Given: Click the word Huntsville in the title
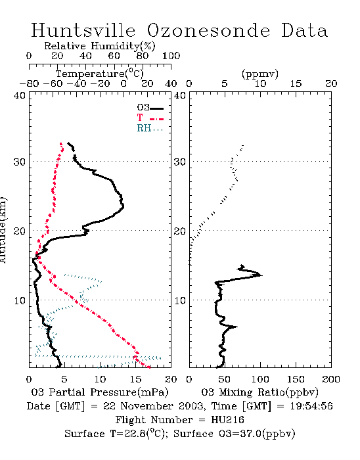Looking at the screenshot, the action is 83,30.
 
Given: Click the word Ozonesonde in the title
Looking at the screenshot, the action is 208,30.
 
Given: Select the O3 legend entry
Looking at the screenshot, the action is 150,108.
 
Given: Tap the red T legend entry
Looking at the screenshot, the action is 150,118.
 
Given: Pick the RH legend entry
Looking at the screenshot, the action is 150,128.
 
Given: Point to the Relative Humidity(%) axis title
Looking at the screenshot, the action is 100,46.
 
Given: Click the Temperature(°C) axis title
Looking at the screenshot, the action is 100,74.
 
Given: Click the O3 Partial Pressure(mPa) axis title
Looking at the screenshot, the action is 100,392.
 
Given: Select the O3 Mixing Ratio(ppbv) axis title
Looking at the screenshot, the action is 259,392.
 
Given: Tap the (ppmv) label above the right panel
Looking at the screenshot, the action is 259,74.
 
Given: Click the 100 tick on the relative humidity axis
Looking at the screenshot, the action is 171,56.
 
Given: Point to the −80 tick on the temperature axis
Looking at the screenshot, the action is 29,83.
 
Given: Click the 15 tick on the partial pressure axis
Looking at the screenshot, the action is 135,379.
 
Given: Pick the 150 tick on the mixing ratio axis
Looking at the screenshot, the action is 296,379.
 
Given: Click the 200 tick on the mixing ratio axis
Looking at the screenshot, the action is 331,379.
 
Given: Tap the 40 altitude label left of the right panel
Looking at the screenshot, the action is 179,96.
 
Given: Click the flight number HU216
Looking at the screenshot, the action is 227,420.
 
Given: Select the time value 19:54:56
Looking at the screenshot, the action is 311,406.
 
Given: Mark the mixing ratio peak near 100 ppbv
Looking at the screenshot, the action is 261,275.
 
